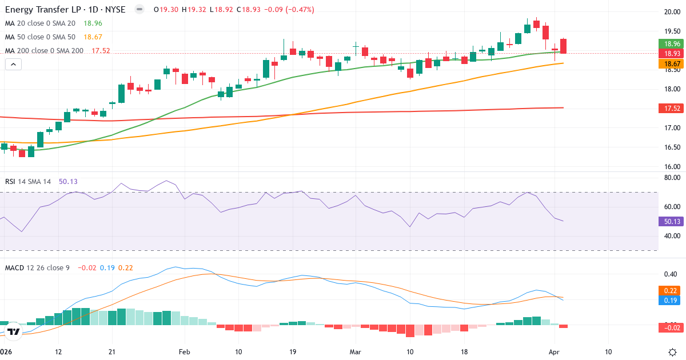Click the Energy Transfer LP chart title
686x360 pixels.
click(65, 10)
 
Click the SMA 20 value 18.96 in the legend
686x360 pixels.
click(93, 23)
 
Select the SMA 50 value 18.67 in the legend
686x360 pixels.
click(93, 37)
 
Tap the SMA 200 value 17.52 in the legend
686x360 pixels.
click(100, 51)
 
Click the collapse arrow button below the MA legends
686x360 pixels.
click(13, 65)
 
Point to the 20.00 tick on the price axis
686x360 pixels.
click(671, 11)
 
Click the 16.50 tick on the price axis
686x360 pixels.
click(671, 147)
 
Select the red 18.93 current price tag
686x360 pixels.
click(671, 53)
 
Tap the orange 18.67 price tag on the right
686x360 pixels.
click(671, 63)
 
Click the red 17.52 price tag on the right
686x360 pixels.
click(671, 108)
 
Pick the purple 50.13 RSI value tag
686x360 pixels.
click(671, 222)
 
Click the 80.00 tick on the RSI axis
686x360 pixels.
click(671, 178)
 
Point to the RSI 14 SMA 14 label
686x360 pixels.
click(28, 182)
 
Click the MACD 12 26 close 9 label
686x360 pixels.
click(37, 267)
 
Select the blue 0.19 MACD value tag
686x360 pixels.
click(671, 300)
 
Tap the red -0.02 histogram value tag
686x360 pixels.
click(671, 327)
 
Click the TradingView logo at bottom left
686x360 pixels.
click(14, 331)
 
